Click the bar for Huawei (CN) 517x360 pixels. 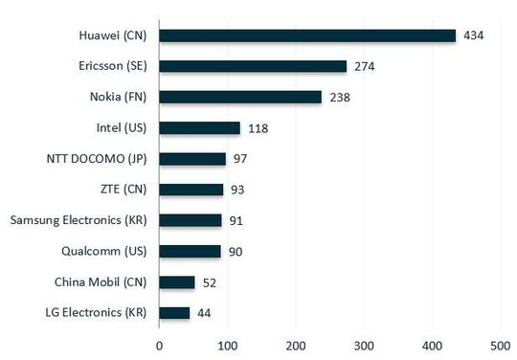coord(307,35)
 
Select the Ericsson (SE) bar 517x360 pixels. coord(253,66)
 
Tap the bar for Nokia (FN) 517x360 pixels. coord(240,97)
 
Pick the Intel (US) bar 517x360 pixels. coord(199,127)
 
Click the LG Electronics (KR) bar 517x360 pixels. coord(174,312)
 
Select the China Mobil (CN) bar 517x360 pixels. coord(177,281)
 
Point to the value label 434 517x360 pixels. coord(474,35)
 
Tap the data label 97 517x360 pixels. coord(240,158)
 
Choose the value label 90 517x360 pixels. coord(236,251)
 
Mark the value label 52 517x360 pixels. coord(210,281)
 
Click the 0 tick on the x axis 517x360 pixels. coord(159,343)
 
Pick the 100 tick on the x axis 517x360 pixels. coord(227,343)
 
